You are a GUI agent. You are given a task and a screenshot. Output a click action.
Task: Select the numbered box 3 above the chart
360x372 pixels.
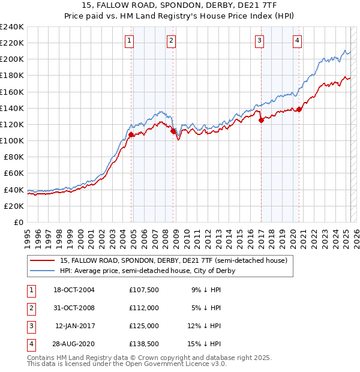tap(259, 41)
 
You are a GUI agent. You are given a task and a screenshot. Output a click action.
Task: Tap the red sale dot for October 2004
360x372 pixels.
tap(131, 135)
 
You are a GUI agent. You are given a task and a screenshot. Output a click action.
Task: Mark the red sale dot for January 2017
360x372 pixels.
tap(261, 120)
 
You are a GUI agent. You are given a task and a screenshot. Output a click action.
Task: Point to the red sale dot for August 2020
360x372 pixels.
tap(299, 109)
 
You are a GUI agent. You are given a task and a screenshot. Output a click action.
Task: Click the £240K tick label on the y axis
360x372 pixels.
tap(12, 27)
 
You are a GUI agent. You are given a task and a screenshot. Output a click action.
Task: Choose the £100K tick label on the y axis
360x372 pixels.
tap(12, 140)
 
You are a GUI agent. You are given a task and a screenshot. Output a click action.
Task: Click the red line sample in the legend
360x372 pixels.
tap(43, 261)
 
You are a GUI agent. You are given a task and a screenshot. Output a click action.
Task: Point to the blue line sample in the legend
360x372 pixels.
tap(43, 271)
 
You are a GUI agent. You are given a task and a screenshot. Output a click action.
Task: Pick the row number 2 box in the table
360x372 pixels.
tap(31, 308)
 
